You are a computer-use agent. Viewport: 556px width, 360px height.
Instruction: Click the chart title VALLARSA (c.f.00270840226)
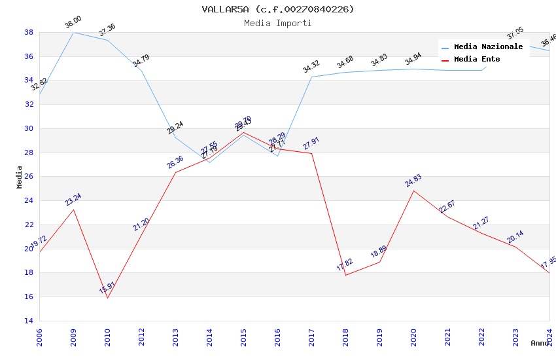[x=278, y=9]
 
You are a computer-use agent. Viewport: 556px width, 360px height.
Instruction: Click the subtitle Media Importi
[x=278, y=23]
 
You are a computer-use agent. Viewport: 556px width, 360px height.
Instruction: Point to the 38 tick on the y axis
[x=29, y=32]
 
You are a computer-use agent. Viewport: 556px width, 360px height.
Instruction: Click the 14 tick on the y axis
[x=29, y=321]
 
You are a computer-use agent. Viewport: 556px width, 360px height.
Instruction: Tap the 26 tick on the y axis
[x=29, y=177]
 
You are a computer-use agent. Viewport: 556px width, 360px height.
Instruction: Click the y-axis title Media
[x=20, y=177]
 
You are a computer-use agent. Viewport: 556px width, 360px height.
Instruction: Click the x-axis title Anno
[x=540, y=343]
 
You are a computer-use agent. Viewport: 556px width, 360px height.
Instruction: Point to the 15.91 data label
[x=107, y=287]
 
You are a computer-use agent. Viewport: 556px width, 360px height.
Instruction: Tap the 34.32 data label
[x=311, y=67]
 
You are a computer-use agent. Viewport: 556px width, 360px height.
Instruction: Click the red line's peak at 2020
[x=413, y=190]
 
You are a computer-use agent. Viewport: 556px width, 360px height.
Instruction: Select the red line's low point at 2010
[x=107, y=298]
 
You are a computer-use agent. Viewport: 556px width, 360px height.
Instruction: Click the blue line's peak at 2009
[x=73, y=32]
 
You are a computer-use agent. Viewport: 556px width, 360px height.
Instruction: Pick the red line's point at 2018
[x=345, y=275]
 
